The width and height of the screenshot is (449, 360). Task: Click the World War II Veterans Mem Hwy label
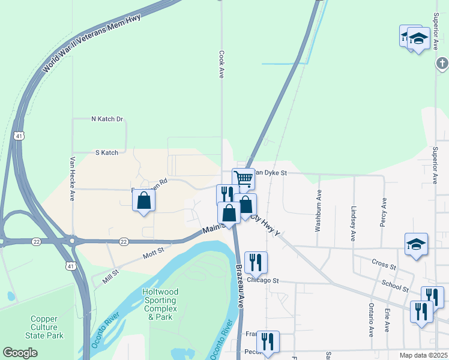click(x=91, y=44)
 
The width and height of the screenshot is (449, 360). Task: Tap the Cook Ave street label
click(x=221, y=64)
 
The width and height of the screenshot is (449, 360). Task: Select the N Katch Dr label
click(x=107, y=119)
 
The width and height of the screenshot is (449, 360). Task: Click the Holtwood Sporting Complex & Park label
click(x=160, y=304)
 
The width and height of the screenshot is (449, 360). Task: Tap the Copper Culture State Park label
click(x=45, y=327)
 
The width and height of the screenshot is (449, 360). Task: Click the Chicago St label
click(x=262, y=281)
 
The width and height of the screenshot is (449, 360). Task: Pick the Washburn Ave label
click(x=319, y=211)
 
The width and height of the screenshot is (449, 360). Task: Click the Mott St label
click(x=153, y=255)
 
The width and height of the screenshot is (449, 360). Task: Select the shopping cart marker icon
click(x=243, y=178)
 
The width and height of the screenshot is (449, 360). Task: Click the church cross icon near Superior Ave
click(x=442, y=62)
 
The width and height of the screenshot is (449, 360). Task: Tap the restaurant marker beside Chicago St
click(x=256, y=262)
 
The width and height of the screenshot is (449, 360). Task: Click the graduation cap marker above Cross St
click(x=416, y=244)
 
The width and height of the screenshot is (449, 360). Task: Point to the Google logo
click(x=20, y=353)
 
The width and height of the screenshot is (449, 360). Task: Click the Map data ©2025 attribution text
click(x=423, y=355)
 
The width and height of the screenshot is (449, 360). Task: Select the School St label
click(x=394, y=286)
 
